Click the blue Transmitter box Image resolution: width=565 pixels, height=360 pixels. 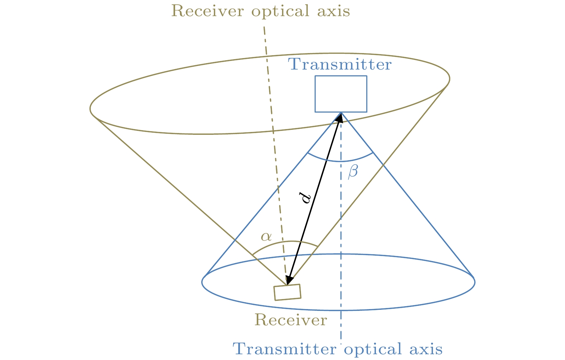341,94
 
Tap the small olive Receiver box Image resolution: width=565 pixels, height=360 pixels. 287,292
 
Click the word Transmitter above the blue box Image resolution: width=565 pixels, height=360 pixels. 340,65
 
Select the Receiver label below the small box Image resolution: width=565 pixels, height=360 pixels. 291,320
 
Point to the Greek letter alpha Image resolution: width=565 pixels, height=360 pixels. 266,236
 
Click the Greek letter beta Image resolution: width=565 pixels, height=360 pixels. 353,172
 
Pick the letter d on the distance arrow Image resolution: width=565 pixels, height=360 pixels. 306,198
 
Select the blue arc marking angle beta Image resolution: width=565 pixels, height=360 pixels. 340,161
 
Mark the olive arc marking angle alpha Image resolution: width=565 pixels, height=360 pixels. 291,241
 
